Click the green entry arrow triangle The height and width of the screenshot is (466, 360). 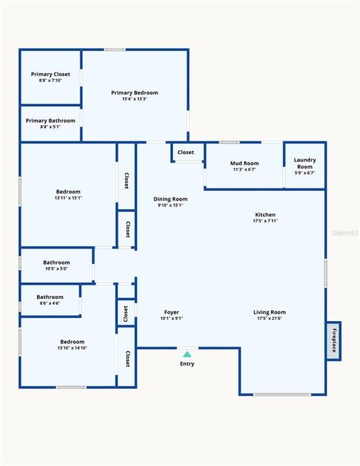187,354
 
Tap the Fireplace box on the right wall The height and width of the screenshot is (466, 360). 334,340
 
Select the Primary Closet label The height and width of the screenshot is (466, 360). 51,74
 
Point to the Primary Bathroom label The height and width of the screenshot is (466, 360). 51,120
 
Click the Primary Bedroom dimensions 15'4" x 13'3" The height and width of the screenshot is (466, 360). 134,99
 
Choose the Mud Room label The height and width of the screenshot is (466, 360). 245,163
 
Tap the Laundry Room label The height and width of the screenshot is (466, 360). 304,163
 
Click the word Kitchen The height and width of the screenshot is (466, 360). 265,215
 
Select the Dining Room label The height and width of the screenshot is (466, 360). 170,199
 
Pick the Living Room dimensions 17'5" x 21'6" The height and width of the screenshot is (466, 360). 269,318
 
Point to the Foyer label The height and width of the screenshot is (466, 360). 171,312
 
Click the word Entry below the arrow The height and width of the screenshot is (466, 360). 187,364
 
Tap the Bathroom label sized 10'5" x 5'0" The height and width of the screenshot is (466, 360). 57,263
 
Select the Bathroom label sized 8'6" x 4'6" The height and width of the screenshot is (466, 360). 50,297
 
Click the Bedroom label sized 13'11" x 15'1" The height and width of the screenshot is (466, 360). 68,192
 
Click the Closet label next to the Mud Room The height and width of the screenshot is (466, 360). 186,153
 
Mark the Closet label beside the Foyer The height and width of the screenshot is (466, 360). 126,313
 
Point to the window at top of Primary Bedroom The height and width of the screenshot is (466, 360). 115,50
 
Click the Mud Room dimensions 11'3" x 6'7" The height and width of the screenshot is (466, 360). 245,170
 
